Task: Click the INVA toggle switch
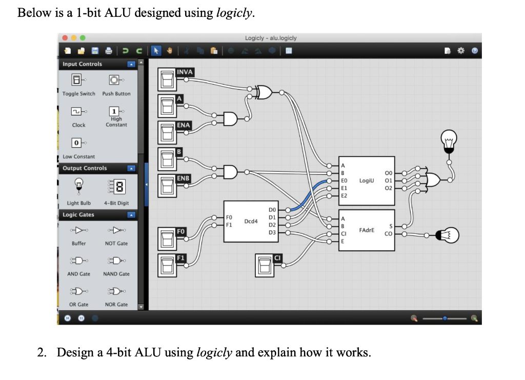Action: point(168,81)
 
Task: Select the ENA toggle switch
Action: point(168,134)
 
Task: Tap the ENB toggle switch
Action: point(168,186)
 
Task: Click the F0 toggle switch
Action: point(168,239)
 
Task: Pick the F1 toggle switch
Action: point(168,265)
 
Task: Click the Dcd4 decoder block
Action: point(251,222)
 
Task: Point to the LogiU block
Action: point(366,180)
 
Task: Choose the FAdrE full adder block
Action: point(366,230)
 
